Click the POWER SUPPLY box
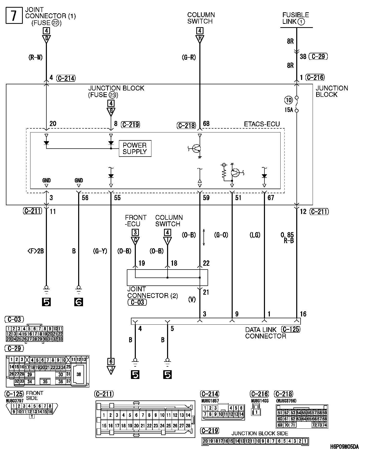pyautogui.click(x=135, y=148)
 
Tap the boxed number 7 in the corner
pyautogui.click(x=14, y=16)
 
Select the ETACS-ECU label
pyautogui.click(x=262, y=124)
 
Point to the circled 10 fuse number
pyautogui.click(x=289, y=100)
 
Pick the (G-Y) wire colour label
pyautogui.click(x=100, y=251)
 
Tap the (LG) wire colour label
pyautogui.click(x=255, y=235)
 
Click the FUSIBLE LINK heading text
pyautogui.click(x=296, y=18)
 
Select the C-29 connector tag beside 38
pyautogui.click(x=318, y=56)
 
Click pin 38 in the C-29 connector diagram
pyautogui.click(x=79, y=374)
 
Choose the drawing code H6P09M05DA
pyautogui.click(x=344, y=447)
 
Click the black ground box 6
pyautogui.click(x=79, y=302)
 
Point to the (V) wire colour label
pyautogui.click(x=192, y=299)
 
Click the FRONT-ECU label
pyautogui.click(x=136, y=221)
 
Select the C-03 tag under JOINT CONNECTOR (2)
pyautogui.click(x=137, y=302)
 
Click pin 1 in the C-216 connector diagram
pyautogui.click(x=256, y=412)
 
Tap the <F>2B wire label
pyautogui.click(x=36, y=251)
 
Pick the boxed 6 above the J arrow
pyautogui.click(x=111, y=362)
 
